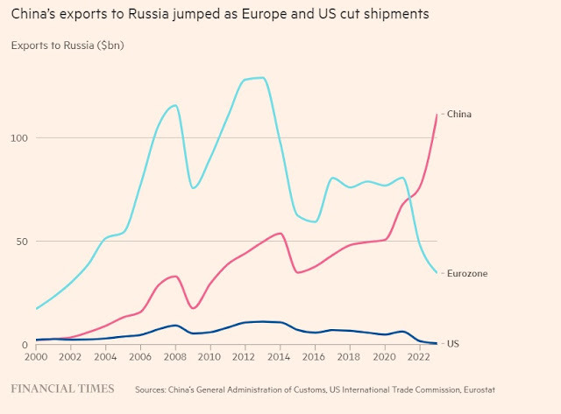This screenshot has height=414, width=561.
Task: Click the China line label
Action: pyautogui.click(x=459, y=114)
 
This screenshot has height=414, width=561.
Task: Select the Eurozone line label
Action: pyautogui.click(x=467, y=274)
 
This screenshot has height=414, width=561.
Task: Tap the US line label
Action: pyautogui.click(x=453, y=344)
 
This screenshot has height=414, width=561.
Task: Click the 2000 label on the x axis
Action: pyautogui.click(x=36, y=357)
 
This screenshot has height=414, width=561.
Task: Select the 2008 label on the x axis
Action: pyautogui.click(x=175, y=357)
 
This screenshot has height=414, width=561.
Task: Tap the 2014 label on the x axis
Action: pyautogui.click(x=280, y=357)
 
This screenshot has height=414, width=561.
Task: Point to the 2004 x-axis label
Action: pyautogui.click(x=105, y=357)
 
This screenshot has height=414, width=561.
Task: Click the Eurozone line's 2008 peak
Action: pyautogui.click(x=175, y=105)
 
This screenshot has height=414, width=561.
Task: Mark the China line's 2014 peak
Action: pyautogui.click(x=280, y=233)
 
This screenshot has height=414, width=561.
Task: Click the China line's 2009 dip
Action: pyautogui.click(x=194, y=308)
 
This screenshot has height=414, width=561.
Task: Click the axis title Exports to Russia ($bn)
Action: pyautogui.click(x=67, y=45)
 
